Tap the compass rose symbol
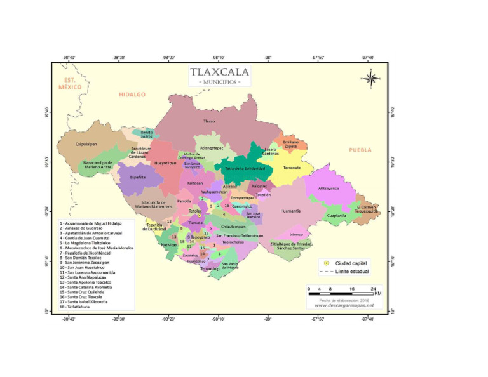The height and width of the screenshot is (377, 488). coord(372,79)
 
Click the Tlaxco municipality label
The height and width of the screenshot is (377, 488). coord(208,121)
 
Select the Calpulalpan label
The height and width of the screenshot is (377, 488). coord(86,143)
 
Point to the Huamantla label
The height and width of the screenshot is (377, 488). coord(290,211)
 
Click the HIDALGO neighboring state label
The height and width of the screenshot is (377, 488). coord(132,95)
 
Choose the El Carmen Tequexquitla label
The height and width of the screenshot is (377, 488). coord(366,209)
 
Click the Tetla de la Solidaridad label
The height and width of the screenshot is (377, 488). coord(245,168)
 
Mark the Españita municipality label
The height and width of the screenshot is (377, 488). coord(138,177)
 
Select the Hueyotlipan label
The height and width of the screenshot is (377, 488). coord(165,162)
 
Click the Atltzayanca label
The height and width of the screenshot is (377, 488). coord(329,188)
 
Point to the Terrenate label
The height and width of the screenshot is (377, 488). coord(292,168)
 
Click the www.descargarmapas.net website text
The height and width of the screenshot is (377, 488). coord(344,305)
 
